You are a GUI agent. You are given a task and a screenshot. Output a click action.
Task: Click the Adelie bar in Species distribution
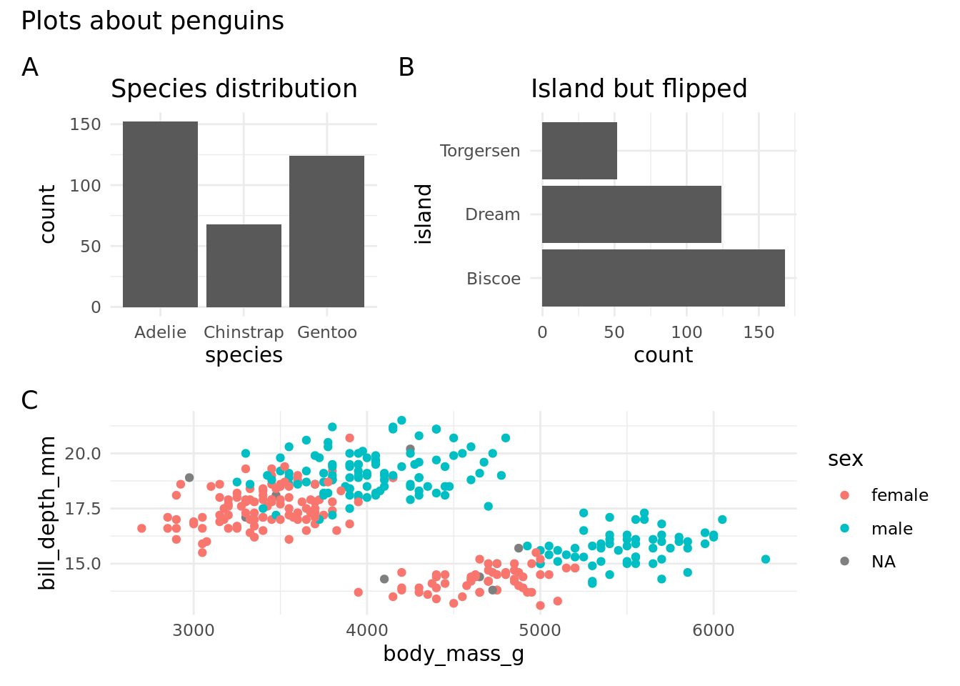coord(160,214)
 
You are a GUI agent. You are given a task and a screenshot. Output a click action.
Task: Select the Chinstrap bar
coord(244,266)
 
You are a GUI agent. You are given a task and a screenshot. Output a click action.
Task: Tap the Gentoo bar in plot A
coord(326,232)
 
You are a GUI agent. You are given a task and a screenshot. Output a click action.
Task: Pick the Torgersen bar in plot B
coord(579,151)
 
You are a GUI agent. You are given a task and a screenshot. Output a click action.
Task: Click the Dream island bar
coord(631,214)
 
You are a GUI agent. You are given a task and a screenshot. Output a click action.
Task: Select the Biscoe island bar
coord(663,278)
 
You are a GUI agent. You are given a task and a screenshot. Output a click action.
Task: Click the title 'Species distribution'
coord(234,89)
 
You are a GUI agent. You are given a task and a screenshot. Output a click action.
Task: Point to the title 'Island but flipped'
coord(639,89)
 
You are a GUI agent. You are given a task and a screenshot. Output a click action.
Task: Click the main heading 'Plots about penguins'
coord(152,21)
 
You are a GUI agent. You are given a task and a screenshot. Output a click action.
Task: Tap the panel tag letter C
coord(29,401)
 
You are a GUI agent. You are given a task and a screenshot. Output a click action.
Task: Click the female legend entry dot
coord(845,495)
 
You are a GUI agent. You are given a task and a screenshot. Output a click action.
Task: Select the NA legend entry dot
coord(845,562)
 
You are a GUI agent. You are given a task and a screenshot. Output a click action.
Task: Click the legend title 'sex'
coord(845,459)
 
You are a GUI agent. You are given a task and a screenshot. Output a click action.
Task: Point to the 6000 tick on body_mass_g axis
coord(713,630)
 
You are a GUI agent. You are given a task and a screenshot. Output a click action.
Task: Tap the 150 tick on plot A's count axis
coord(86,124)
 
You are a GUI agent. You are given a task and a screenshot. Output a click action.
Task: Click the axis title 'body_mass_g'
coord(454,654)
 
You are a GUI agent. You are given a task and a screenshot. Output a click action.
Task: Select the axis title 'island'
coord(424,214)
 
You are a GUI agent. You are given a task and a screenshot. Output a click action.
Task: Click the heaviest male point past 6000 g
coord(765,560)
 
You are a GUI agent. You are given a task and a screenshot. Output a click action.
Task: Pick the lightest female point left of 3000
coord(141,529)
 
